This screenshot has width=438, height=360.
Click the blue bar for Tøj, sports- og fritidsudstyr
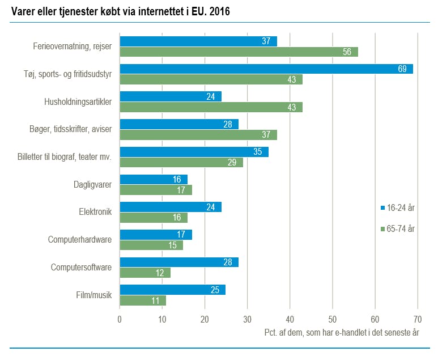point(266,69)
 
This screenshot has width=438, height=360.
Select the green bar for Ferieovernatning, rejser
point(239,52)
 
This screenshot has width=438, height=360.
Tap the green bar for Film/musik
point(143,300)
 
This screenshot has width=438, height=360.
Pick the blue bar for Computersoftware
point(179,262)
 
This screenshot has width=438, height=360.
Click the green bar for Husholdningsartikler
point(211,107)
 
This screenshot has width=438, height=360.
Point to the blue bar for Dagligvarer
point(154,180)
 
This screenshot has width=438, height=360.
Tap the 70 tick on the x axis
point(418,319)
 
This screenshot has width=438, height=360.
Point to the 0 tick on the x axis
point(120,319)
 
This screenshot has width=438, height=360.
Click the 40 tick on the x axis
point(290,319)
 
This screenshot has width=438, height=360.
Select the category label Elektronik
point(95,212)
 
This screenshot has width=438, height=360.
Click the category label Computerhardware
point(80,240)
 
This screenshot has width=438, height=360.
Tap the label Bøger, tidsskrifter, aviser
point(71,129)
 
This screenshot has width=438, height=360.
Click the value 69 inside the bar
point(403,69)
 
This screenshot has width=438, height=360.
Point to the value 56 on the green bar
point(348,52)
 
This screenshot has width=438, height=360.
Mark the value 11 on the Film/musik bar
point(156,300)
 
